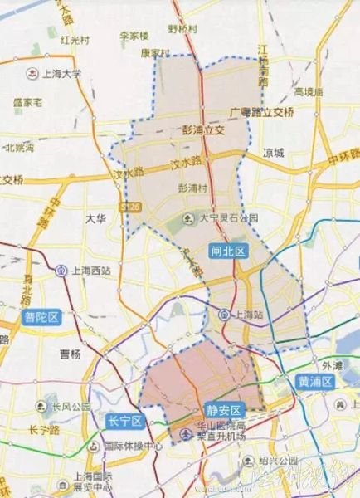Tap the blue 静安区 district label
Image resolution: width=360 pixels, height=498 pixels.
[x=225, y=410]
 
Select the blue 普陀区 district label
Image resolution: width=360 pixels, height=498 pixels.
[x=41, y=317]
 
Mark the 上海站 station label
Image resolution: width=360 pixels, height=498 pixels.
[x=246, y=315]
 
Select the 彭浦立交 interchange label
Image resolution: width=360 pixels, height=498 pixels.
[x=203, y=129]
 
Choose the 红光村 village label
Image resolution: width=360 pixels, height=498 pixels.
[x=75, y=39]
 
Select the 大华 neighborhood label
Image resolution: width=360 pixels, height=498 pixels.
[x=96, y=218]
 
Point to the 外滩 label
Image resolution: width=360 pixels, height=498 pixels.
[x=332, y=364]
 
